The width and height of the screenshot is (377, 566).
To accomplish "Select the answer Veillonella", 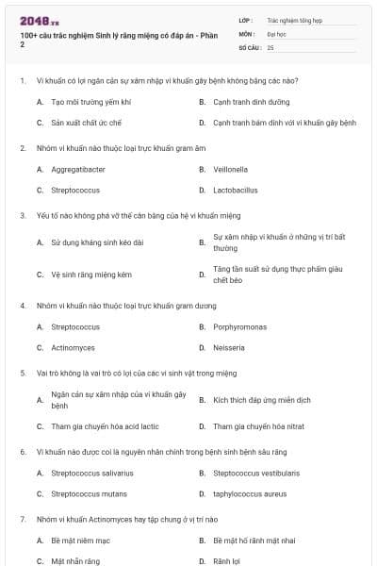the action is [230, 170].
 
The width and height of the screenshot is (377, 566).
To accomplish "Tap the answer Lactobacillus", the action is [235, 190].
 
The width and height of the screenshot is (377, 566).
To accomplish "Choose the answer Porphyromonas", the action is [238, 327].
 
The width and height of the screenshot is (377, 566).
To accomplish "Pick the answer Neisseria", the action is [228, 347].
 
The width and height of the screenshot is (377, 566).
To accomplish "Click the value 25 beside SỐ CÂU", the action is [270, 46].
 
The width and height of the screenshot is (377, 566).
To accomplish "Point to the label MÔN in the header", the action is [246, 33].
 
